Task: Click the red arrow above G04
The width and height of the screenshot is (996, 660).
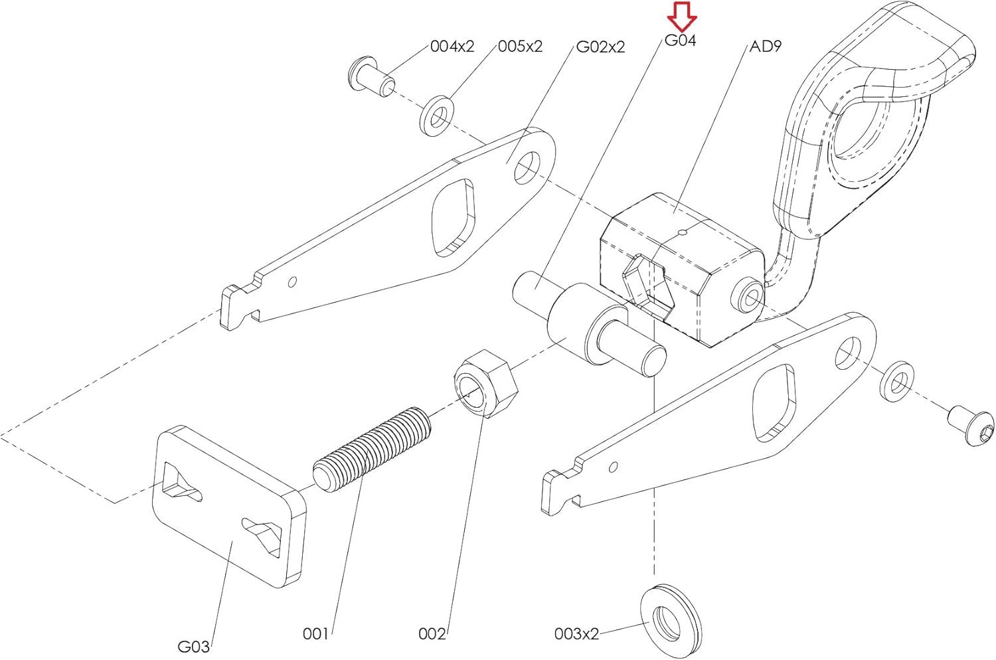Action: click(682, 17)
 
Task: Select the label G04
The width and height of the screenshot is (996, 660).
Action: click(681, 41)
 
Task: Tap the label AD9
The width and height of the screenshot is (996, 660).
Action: click(765, 46)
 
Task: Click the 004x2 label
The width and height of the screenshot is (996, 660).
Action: click(452, 46)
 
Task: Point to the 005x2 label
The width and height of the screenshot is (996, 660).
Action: click(520, 46)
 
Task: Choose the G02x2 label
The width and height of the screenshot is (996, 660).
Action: click(600, 46)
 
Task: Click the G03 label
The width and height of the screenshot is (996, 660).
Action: click(194, 646)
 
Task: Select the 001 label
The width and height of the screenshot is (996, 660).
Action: click(315, 633)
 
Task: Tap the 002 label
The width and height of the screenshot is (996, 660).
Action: click(432, 633)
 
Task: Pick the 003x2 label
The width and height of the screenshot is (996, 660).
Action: click(577, 633)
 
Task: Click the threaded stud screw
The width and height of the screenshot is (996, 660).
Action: click(372, 450)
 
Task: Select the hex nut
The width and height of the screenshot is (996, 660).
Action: click(486, 383)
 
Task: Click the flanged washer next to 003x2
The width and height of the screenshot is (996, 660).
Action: click(671, 621)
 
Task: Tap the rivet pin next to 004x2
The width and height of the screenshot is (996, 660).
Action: click(371, 76)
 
